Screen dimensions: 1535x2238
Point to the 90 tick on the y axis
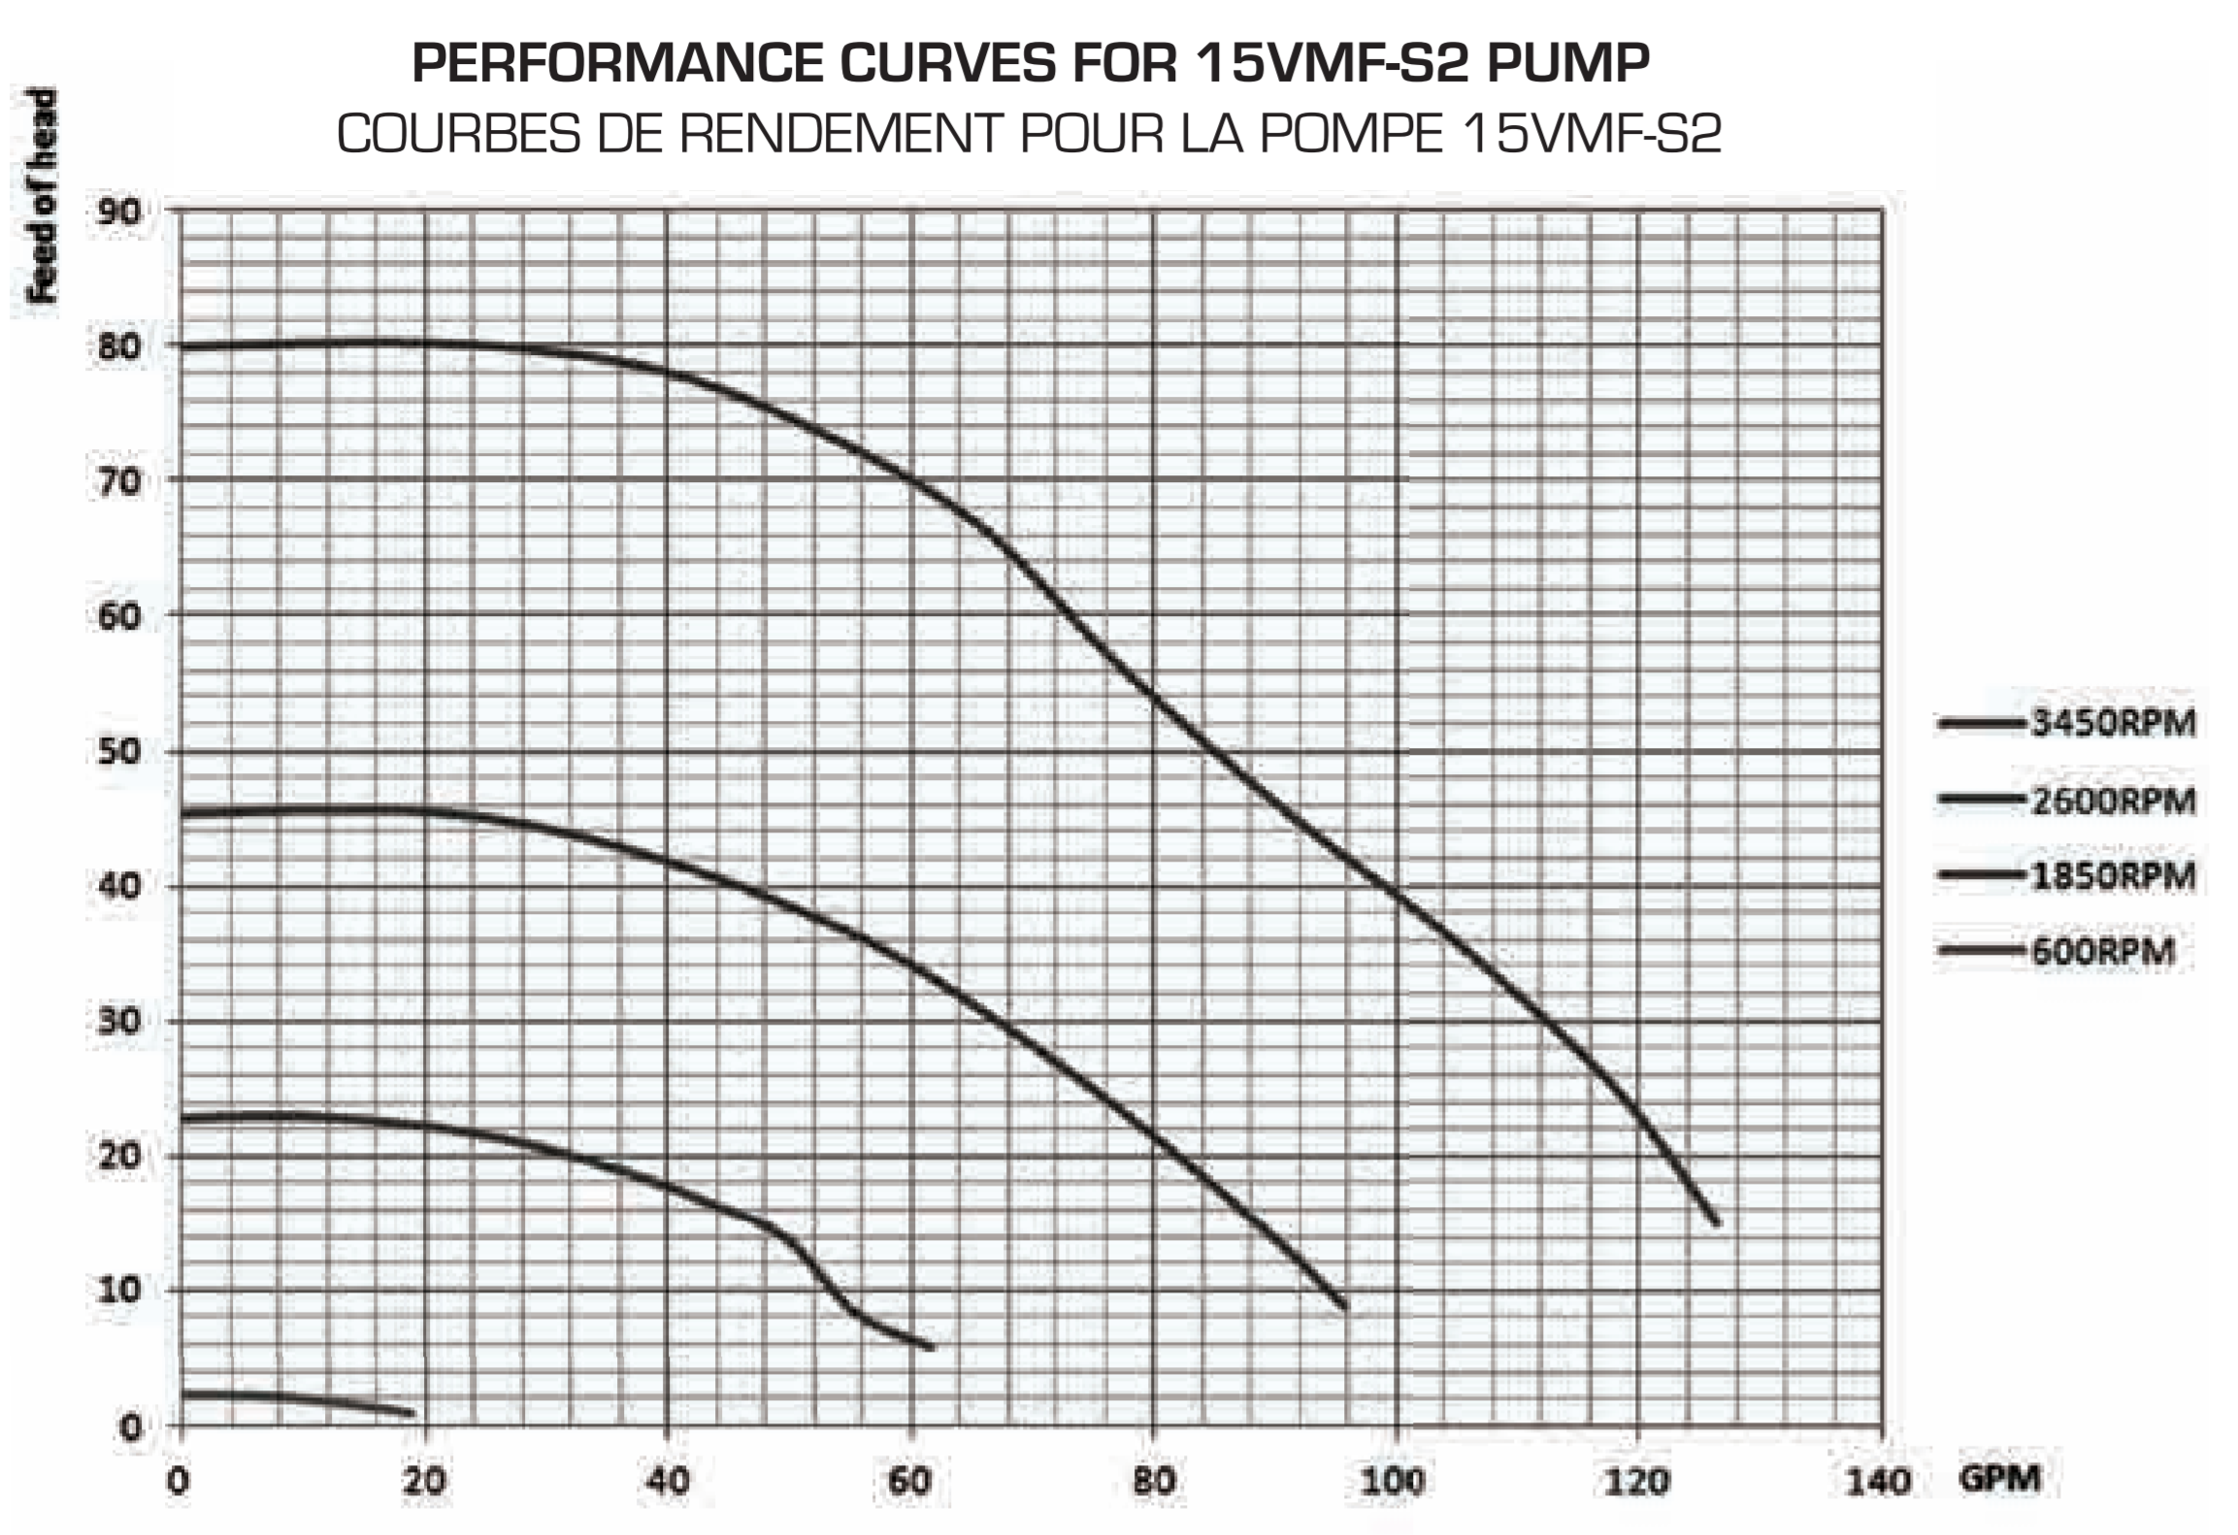[118, 212]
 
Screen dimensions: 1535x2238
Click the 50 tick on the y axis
[118, 752]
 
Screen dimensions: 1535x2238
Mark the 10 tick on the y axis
[118, 1290]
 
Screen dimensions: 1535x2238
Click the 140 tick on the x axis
[1877, 1482]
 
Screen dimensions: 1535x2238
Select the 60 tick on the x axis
[909, 1482]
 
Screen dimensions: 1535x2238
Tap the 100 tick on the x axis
[1394, 1482]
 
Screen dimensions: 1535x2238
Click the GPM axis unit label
[1999, 1478]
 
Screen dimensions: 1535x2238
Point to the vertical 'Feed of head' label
[43, 196]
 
